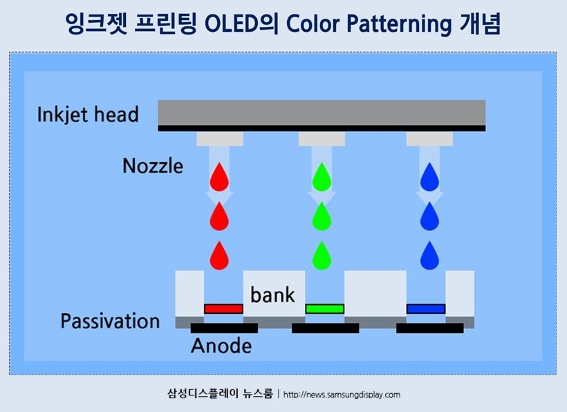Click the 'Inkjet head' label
[88, 114]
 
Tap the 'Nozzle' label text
[152, 166]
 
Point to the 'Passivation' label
[110, 321]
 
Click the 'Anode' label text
[221, 346]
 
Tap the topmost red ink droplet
[219, 178]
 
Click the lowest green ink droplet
[321, 256]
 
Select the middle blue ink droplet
[429, 216]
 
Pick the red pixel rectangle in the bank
[223, 308]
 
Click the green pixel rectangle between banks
[324, 308]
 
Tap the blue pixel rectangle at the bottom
[425, 308]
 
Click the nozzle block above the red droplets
[220, 139]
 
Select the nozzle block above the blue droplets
[429, 139]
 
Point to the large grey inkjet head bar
[322, 113]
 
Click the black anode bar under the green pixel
[325, 328]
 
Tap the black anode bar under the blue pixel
[429, 328]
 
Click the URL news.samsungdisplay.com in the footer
[342, 395]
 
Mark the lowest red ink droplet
[219, 256]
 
